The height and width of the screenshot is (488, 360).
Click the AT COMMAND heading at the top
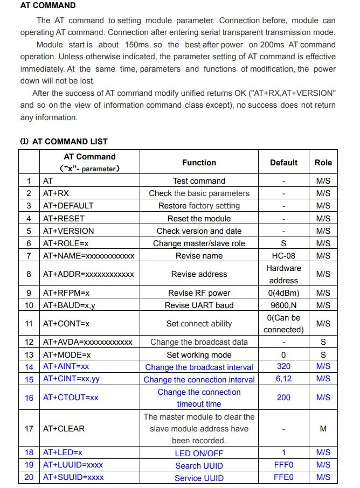pos(48,6)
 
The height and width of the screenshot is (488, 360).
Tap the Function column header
pos(199,162)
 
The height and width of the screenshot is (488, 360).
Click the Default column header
pos(283,162)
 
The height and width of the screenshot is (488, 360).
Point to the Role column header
pos(323,162)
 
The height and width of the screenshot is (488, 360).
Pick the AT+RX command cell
pos(56,193)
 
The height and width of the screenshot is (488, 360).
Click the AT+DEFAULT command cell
pos(68,206)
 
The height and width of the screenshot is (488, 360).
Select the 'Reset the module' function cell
pos(199,218)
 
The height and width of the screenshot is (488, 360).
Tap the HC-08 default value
pos(283,256)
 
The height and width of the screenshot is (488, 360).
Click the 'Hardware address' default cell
pos(283,274)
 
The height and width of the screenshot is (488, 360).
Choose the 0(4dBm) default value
pos(283,293)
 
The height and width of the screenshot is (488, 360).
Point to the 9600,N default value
pos(283,305)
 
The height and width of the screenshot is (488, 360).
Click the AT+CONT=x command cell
pos(66,324)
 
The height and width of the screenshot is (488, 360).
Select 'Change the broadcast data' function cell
pos(199,342)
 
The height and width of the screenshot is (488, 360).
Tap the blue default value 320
pos(283,367)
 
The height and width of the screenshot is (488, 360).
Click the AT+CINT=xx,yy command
pos(72,379)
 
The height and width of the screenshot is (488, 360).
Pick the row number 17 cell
pos(29,429)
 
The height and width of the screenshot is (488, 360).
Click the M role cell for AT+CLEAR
pos(323,429)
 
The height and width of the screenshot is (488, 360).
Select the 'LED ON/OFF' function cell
pos(199,454)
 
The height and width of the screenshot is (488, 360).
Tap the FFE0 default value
pos(283,478)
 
